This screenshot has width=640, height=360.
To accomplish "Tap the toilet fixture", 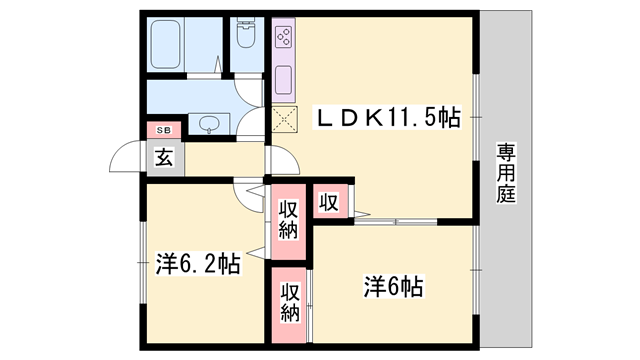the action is [246, 33].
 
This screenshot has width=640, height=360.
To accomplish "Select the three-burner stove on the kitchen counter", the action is [284, 37].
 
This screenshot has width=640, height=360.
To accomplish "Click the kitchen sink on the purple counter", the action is [284, 80].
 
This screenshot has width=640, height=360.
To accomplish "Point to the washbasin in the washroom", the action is [209, 123].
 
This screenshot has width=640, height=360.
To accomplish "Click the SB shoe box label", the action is [164, 131].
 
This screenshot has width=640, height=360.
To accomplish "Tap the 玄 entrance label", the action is [164, 157].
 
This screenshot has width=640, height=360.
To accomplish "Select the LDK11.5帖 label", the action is [387, 118].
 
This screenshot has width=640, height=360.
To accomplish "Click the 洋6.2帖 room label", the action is [198, 264].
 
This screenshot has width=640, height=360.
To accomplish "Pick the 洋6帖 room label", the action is [394, 287].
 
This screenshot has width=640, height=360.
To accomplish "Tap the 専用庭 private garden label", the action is [506, 173].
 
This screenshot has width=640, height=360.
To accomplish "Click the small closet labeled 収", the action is [330, 202].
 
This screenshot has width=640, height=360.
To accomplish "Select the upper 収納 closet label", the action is [289, 220].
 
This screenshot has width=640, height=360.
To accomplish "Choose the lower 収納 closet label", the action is [290, 302].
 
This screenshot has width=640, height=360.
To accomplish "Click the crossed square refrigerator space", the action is [284, 119].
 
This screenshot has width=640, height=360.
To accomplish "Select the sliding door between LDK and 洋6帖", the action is [396, 222].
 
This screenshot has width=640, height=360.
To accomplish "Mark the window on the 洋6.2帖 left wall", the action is [143, 262].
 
